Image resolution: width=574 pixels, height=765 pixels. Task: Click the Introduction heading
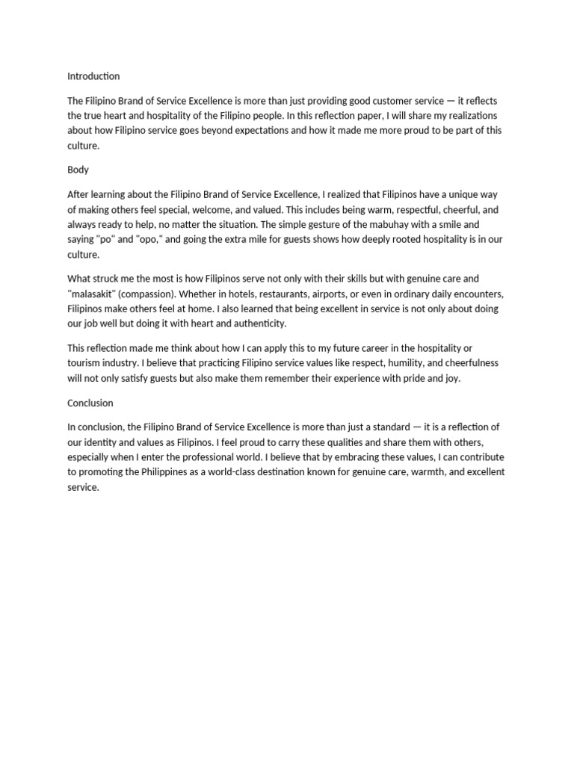pos(93,76)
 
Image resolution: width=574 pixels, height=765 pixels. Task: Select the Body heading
pos(78,170)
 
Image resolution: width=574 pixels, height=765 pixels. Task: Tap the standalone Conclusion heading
pos(90,403)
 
